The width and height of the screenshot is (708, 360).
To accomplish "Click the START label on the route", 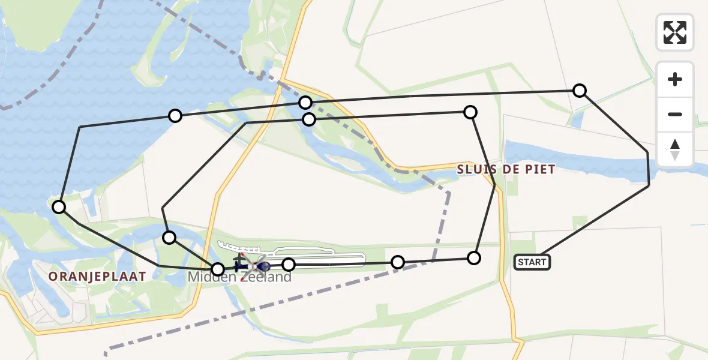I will (532, 262).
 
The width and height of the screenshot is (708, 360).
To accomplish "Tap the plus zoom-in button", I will (675, 79).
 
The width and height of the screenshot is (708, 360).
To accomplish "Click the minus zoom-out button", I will (675, 114).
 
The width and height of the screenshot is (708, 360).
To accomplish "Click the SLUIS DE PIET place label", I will (506, 169).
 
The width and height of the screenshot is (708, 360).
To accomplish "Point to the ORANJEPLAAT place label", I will (97, 277).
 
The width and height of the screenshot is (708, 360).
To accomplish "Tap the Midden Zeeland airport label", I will (240, 277).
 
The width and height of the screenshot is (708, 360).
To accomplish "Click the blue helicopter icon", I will (263, 266).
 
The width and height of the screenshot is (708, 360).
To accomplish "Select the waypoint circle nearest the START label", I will (474, 258).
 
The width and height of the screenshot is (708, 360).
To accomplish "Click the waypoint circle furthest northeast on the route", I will (580, 91).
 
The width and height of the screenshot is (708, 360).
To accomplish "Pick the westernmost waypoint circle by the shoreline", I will (59, 207).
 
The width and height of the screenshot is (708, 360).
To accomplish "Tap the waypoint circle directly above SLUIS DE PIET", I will (470, 112).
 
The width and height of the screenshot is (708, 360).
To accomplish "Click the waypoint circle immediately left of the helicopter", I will (218, 269).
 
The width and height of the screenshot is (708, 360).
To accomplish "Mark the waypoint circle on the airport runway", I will (289, 264).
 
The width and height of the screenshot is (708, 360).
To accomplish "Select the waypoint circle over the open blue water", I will (175, 116).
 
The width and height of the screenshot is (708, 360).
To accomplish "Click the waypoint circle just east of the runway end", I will (398, 262).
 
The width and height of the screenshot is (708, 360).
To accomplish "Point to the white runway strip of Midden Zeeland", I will (336, 259).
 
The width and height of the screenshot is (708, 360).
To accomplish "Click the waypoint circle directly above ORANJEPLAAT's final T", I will (170, 238).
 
